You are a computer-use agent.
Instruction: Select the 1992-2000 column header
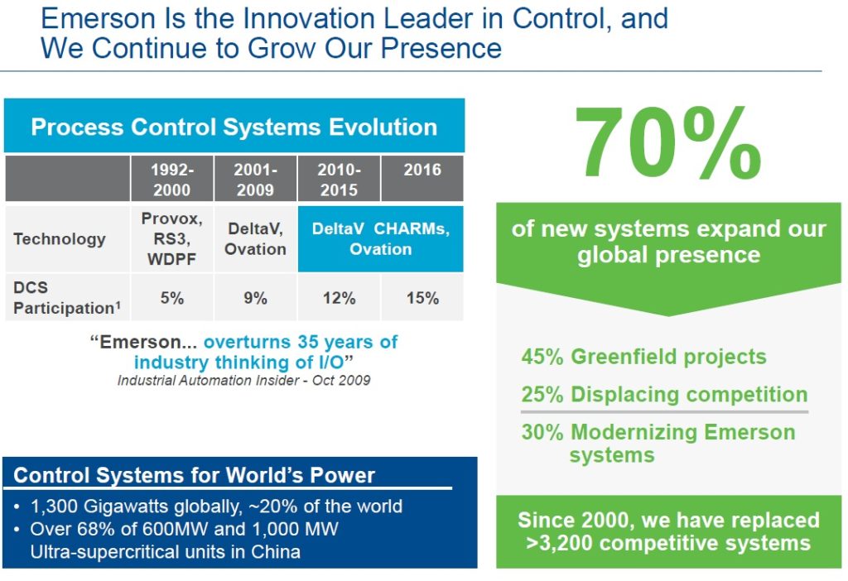tap(171, 179)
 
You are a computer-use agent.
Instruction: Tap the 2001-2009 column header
tap(255, 179)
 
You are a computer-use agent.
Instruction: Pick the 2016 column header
tap(422, 170)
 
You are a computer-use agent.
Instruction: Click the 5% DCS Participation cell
tap(171, 298)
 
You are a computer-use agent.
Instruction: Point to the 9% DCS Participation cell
tap(255, 298)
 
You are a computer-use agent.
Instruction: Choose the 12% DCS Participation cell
tap(339, 298)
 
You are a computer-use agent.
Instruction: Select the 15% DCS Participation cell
tap(422, 298)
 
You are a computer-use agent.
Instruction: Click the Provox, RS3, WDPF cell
tap(171, 238)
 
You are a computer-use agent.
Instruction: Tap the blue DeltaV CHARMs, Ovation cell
tap(380, 238)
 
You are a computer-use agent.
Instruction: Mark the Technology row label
tap(60, 239)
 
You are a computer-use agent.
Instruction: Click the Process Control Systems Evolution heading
tap(234, 127)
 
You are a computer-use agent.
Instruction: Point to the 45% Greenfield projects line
tap(643, 357)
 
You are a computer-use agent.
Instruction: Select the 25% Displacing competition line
tap(663, 394)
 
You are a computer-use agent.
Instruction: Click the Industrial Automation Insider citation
tap(243, 381)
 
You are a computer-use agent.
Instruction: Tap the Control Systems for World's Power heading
tap(195, 475)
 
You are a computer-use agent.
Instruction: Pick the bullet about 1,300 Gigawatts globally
tap(215, 507)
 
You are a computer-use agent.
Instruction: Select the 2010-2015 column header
tap(339, 179)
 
